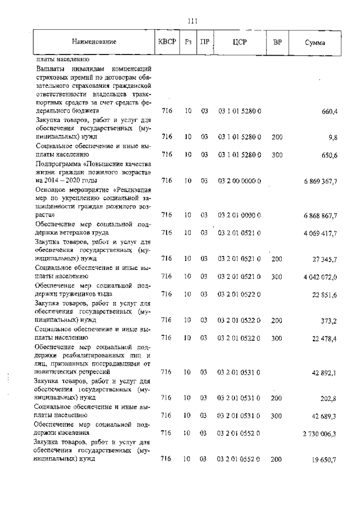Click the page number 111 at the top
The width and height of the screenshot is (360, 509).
[192, 21]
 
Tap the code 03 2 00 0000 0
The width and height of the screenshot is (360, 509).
[239, 181]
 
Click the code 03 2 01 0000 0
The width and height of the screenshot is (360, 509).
[239, 216]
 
